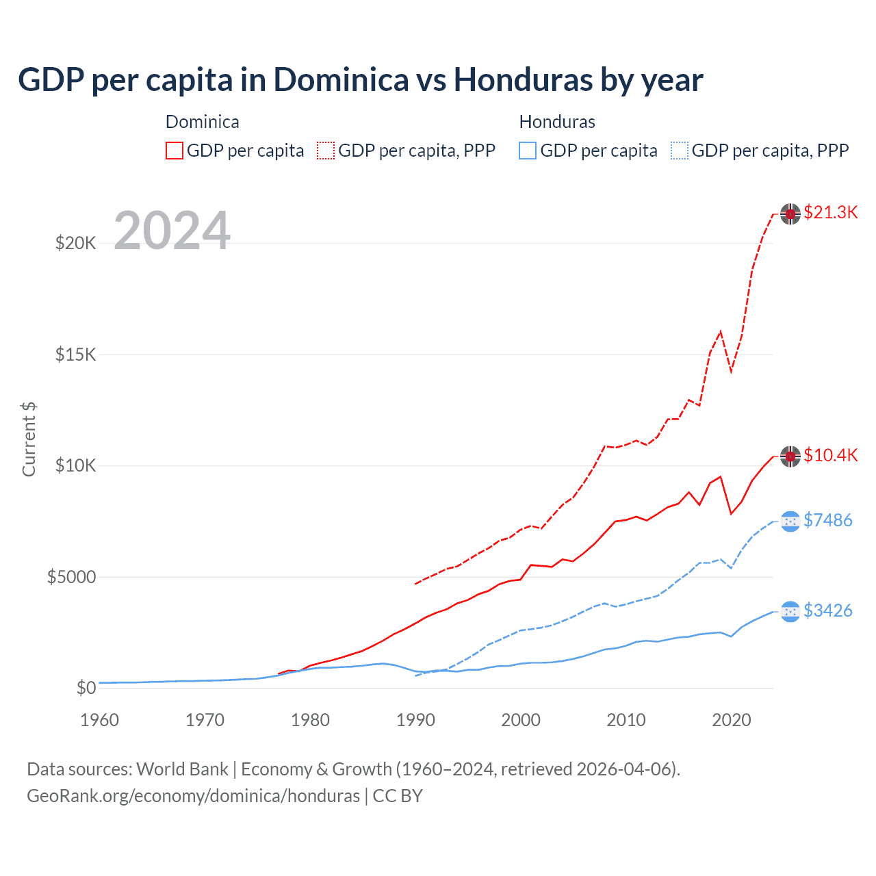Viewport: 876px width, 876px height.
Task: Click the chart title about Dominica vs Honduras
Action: [360, 80]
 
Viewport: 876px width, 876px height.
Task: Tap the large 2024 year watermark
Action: [172, 231]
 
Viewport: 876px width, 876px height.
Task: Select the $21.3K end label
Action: [830, 212]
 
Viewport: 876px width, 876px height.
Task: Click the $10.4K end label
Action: [830, 455]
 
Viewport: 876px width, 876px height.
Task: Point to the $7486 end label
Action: [827, 520]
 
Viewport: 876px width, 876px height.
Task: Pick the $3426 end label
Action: [827, 610]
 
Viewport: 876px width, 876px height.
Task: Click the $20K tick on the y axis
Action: [75, 243]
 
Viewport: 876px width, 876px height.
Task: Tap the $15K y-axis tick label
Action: [75, 355]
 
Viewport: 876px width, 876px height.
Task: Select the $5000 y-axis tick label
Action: [71, 577]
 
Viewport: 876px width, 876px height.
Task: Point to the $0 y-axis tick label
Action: [86, 688]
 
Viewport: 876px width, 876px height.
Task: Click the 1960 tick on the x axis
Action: [100, 720]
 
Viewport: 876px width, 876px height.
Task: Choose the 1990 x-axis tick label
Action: [415, 720]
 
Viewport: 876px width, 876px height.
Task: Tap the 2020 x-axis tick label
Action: [732, 720]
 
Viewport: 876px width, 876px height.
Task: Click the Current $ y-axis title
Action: [29, 439]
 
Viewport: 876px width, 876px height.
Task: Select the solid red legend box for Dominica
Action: [175, 151]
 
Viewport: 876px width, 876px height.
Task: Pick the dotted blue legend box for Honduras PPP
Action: [680, 151]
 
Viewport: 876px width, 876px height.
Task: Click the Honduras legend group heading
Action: [557, 122]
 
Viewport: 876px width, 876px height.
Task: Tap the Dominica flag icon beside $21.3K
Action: [790, 214]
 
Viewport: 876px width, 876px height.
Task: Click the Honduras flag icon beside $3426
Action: [790, 611]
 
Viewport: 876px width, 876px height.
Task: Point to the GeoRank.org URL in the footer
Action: [193, 796]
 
